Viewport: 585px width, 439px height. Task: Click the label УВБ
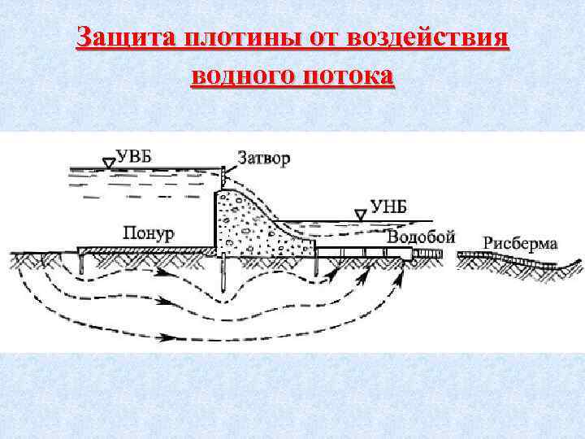click(133, 157)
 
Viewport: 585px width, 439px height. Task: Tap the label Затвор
click(263, 158)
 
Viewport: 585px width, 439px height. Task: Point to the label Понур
click(149, 233)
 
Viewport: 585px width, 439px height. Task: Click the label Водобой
click(421, 237)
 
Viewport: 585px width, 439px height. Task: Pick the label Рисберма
click(520, 242)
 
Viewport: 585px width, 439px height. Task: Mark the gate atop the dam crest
click(223, 174)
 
